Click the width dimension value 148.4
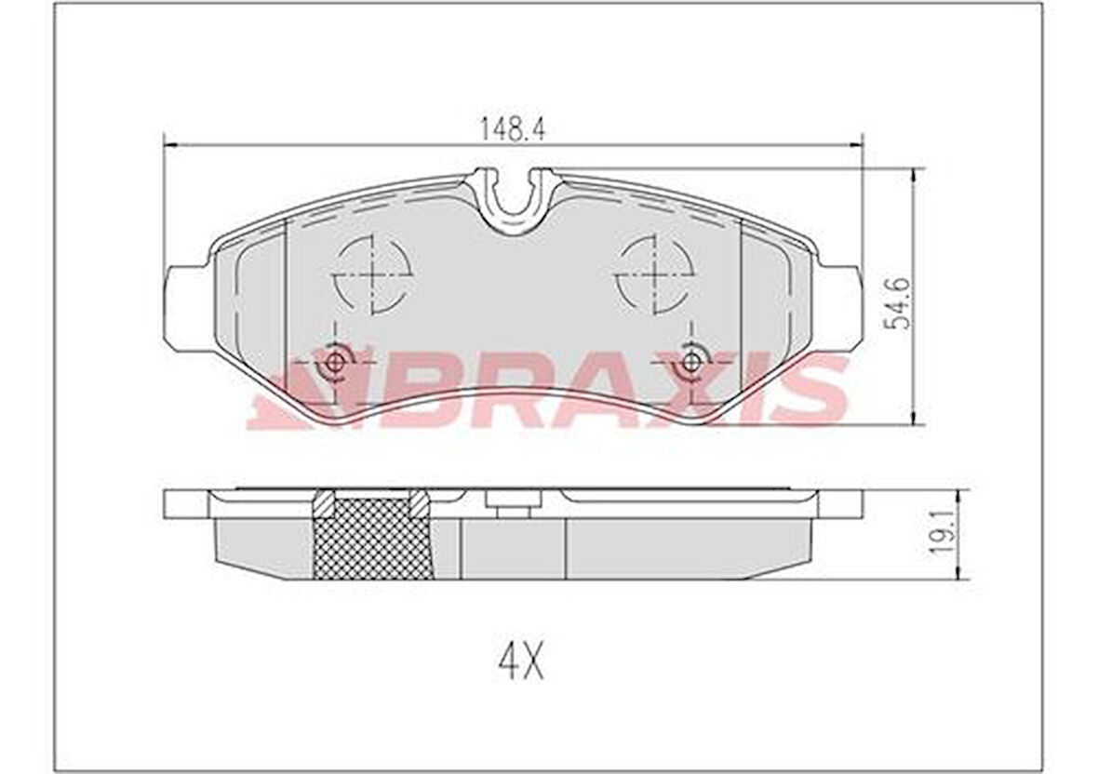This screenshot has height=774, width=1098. point(512,130)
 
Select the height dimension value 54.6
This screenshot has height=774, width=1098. point(898,300)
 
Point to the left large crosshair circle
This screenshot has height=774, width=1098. point(372,273)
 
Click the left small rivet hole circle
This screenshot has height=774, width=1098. point(335,363)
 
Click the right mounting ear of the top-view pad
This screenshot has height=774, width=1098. point(841,307)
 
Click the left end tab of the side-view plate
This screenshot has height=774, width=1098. point(185,503)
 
